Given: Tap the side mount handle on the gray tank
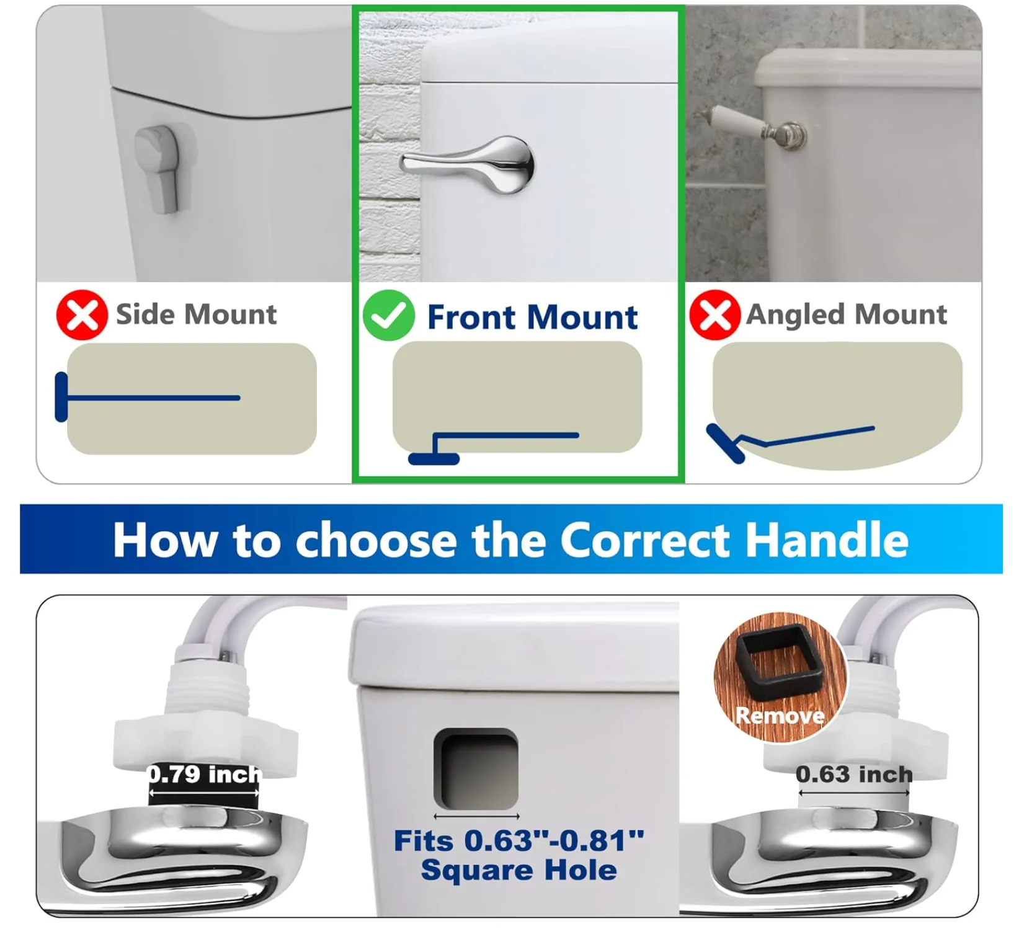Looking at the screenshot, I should point(160,167).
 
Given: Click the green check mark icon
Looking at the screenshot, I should point(389,316).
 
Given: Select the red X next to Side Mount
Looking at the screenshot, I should point(82,315).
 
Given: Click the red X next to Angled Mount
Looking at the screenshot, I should point(715,315).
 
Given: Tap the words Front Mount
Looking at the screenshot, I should point(532,318).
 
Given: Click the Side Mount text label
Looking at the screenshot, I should point(196,314).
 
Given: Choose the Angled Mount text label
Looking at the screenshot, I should point(847,314).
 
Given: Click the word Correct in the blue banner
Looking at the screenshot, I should point(646,540).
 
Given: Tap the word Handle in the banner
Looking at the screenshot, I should point(827,540).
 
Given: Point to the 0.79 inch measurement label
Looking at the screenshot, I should point(204,775).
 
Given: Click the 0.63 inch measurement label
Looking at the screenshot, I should point(854,775).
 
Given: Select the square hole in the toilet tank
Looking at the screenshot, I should point(476,769).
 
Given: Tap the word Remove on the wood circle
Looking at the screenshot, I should point(780,716).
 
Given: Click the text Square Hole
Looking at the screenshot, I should point(518,870).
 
